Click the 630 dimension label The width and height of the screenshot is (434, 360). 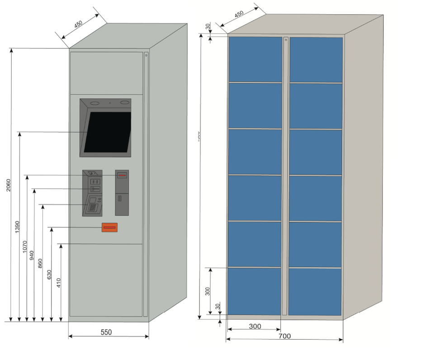click(49, 275)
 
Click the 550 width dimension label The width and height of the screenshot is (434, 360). click(106, 332)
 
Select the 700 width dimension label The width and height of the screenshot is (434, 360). click(285, 336)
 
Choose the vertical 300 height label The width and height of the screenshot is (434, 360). click(208, 291)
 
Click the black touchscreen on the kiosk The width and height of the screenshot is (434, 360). click(107, 132)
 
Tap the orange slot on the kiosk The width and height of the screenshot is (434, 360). click(109, 227)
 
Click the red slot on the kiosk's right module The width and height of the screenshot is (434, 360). click(122, 175)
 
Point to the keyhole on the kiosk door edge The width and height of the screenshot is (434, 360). click(146, 55)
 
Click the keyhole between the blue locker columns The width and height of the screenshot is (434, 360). click(286, 40)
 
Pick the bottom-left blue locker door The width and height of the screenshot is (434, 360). click(254, 291)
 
